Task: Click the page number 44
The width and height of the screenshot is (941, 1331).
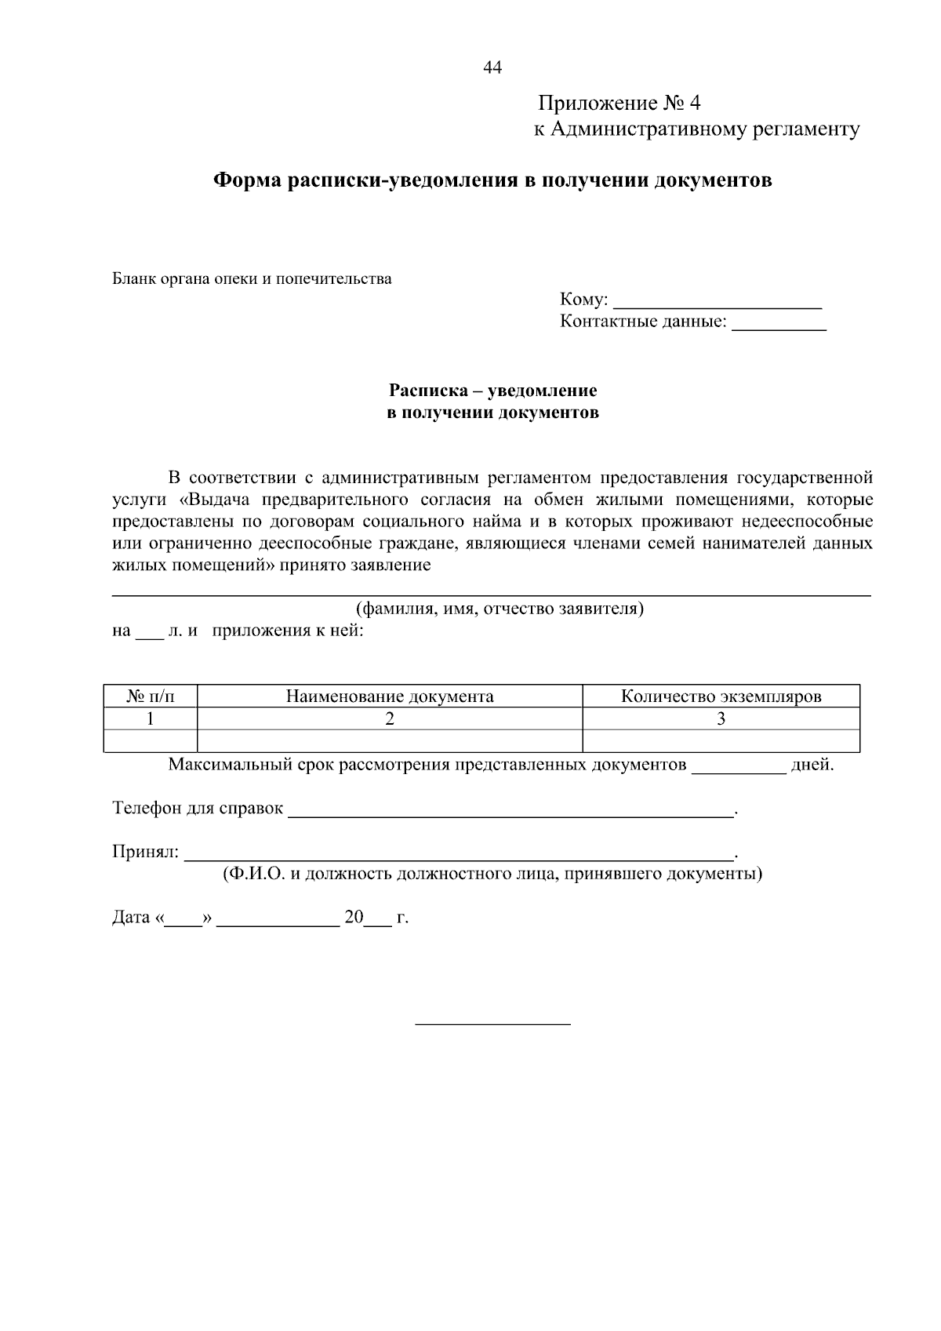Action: pyautogui.click(x=492, y=67)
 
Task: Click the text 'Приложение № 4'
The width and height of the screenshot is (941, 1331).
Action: pyautogui.click(x=619, y=104)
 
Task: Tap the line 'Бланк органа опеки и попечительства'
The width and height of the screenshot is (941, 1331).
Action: pyautogui.click(x=252, y=278)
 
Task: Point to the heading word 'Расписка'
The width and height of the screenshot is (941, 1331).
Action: pyautogui.click(x=427, y=391)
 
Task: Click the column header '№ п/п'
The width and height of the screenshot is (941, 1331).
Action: pyautogui.click(x=151, y=696)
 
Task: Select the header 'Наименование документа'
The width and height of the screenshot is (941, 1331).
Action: pyautogui.click(x=390, y=696)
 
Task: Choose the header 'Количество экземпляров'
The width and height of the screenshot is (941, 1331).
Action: pyautogui.click(x=721, y=696)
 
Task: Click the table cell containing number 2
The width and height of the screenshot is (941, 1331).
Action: pyautogui.click(x=390, y=718)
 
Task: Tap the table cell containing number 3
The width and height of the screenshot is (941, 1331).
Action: pyautogui.click(x=721, y=718)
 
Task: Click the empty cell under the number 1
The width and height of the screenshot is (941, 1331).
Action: pyautogui.click(x=151, y=740)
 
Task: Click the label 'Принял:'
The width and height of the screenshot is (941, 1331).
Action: pyautogui.click(x=146, y=852)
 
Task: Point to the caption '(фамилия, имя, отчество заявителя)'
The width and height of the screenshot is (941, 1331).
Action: pyautogui.click(x=500, y=609)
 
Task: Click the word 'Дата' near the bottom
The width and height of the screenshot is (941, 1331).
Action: pyautogui.click(x=131, y=918)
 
